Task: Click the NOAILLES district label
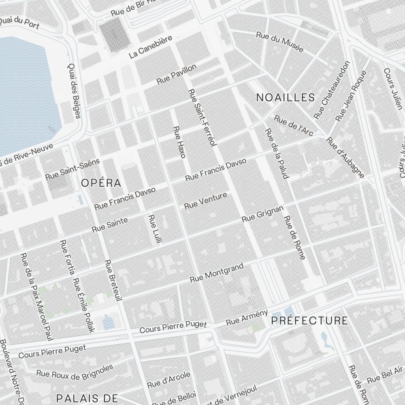pos(286,97)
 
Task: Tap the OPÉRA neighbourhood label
pos(101,183)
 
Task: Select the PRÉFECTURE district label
pos(309,321)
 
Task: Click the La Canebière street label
pos(151,47)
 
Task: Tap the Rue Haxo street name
pos(179,142)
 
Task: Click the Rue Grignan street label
pos(262,213)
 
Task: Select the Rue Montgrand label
pos(217,273)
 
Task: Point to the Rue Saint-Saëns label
pos(72,169)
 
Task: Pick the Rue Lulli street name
pos(155,229)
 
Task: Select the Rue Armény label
pos(247,317)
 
